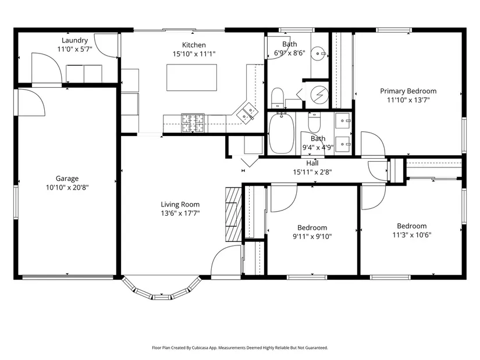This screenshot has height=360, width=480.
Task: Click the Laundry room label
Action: coord(74,40)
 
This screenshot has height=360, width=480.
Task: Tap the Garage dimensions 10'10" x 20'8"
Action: coord(67,187)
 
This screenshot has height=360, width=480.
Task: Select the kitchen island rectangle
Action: coord(191,77)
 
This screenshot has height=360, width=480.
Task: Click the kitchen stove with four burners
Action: coord(193,123)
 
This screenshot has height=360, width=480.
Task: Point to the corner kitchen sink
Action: coord(248,112)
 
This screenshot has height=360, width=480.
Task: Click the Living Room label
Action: coord(180,205)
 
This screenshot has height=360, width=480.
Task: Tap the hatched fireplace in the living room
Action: coord(233,215)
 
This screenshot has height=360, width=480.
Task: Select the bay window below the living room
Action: coord(161,289)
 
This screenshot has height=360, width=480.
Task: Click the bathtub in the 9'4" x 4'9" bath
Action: coord(282,133)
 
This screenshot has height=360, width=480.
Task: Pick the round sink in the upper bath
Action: coord(318,54)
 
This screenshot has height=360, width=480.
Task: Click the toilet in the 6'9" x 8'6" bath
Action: coord(278,98)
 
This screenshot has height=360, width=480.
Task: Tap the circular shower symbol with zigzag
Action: coord(319,95)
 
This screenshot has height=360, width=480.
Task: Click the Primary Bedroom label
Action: coord(408,91)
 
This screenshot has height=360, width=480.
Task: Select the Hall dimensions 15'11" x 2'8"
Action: coord(312,172)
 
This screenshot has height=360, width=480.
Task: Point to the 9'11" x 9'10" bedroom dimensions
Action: coord(312,236)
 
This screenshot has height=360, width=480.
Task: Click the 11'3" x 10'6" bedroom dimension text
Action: coord(412,235)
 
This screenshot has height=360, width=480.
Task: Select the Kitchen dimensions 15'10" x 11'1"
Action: coord(194,54)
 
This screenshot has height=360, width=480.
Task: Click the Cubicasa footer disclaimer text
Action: coord(240,348)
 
